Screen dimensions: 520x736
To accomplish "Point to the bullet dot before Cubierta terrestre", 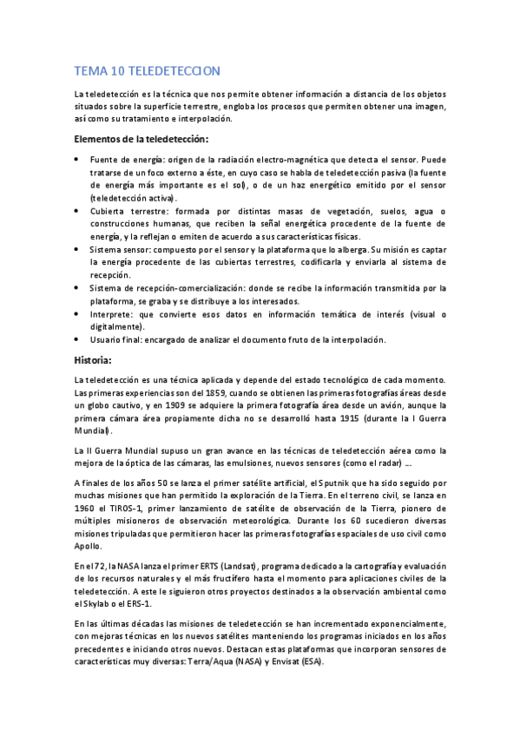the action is click(77, 211).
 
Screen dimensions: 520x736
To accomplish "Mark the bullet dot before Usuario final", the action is click(77, 339).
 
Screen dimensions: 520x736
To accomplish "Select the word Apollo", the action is click(89, 547).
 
